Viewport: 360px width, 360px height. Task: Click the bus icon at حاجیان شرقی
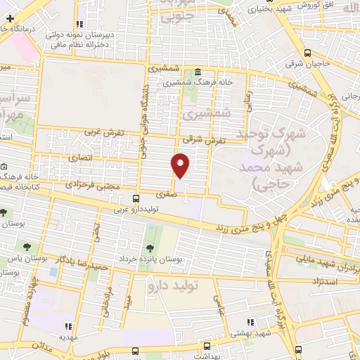307,53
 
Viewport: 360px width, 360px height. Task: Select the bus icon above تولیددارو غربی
138,198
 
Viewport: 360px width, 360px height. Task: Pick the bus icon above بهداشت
207,347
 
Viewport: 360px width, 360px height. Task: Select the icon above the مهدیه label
69,326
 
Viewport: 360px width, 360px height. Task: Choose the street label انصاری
80,159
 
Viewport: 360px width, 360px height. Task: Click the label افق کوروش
337,6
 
